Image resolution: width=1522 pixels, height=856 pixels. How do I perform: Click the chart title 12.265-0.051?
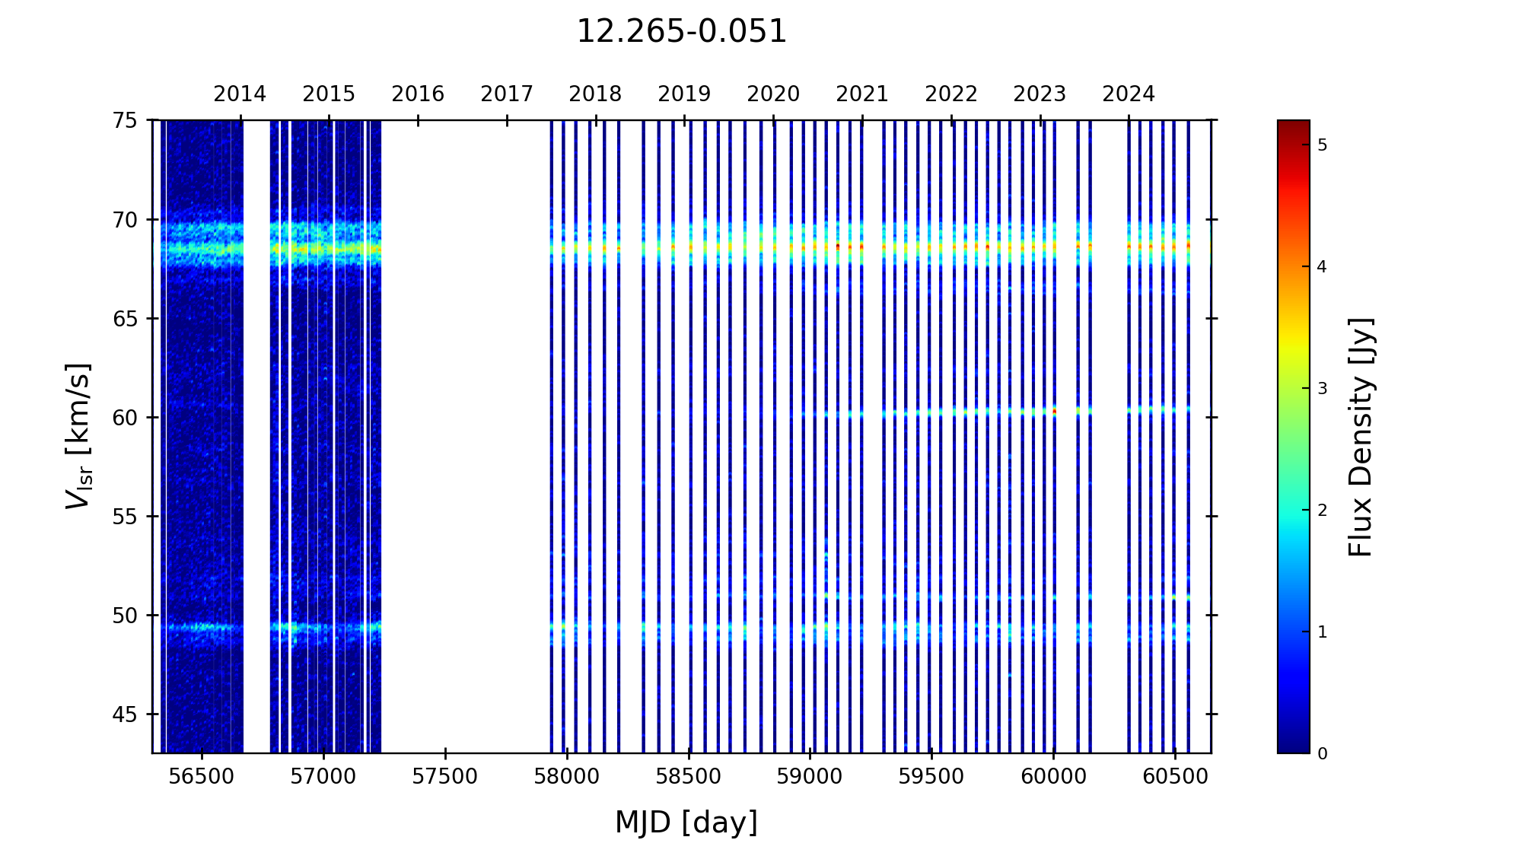[x=681, y=32]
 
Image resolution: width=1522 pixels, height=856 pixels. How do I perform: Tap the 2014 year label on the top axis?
[x=240, y=94]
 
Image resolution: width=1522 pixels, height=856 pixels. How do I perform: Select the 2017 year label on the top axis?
[x=507, y=94]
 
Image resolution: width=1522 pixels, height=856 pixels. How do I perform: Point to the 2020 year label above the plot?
[x=773, y=94]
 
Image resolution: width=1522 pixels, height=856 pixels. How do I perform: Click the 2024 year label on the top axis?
[x=1129, y=94]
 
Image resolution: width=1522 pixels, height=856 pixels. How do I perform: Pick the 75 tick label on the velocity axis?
[x=126, y=120]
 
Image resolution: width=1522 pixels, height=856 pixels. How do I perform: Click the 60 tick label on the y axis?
[x=126, y=418]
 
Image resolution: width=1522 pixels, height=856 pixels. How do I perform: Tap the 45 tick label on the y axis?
[x=126, y=714]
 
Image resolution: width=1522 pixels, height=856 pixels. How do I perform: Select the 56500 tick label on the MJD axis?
[x=202, y=777]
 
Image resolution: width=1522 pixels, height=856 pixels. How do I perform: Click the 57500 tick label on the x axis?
[x=445, y=777]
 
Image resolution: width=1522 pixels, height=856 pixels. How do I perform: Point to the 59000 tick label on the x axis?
[x=810, y=777]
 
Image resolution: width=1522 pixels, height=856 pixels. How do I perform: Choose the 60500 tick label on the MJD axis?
[x=1175, y=777]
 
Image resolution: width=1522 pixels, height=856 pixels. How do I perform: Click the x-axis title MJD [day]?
[x=686, y=823]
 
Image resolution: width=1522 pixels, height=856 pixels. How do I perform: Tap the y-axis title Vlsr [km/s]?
[x=78, y=436]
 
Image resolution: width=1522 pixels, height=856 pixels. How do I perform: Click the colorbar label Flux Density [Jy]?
[x=1361, y=437]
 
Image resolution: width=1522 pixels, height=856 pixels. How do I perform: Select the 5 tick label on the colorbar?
[x=1323, y=145]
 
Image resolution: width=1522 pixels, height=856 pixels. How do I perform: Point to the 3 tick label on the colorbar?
[x=1323, y=389]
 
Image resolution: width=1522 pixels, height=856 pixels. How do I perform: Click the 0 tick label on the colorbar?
[x=1323, y=754]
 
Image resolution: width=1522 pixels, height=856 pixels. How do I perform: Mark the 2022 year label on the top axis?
[x=951, y=94]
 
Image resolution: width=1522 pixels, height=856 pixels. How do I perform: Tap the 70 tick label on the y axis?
[x=126, y=220]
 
